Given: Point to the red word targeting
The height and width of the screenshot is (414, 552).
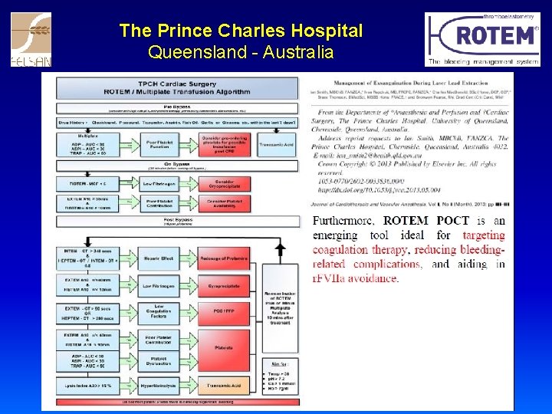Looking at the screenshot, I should tap(484, 235).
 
